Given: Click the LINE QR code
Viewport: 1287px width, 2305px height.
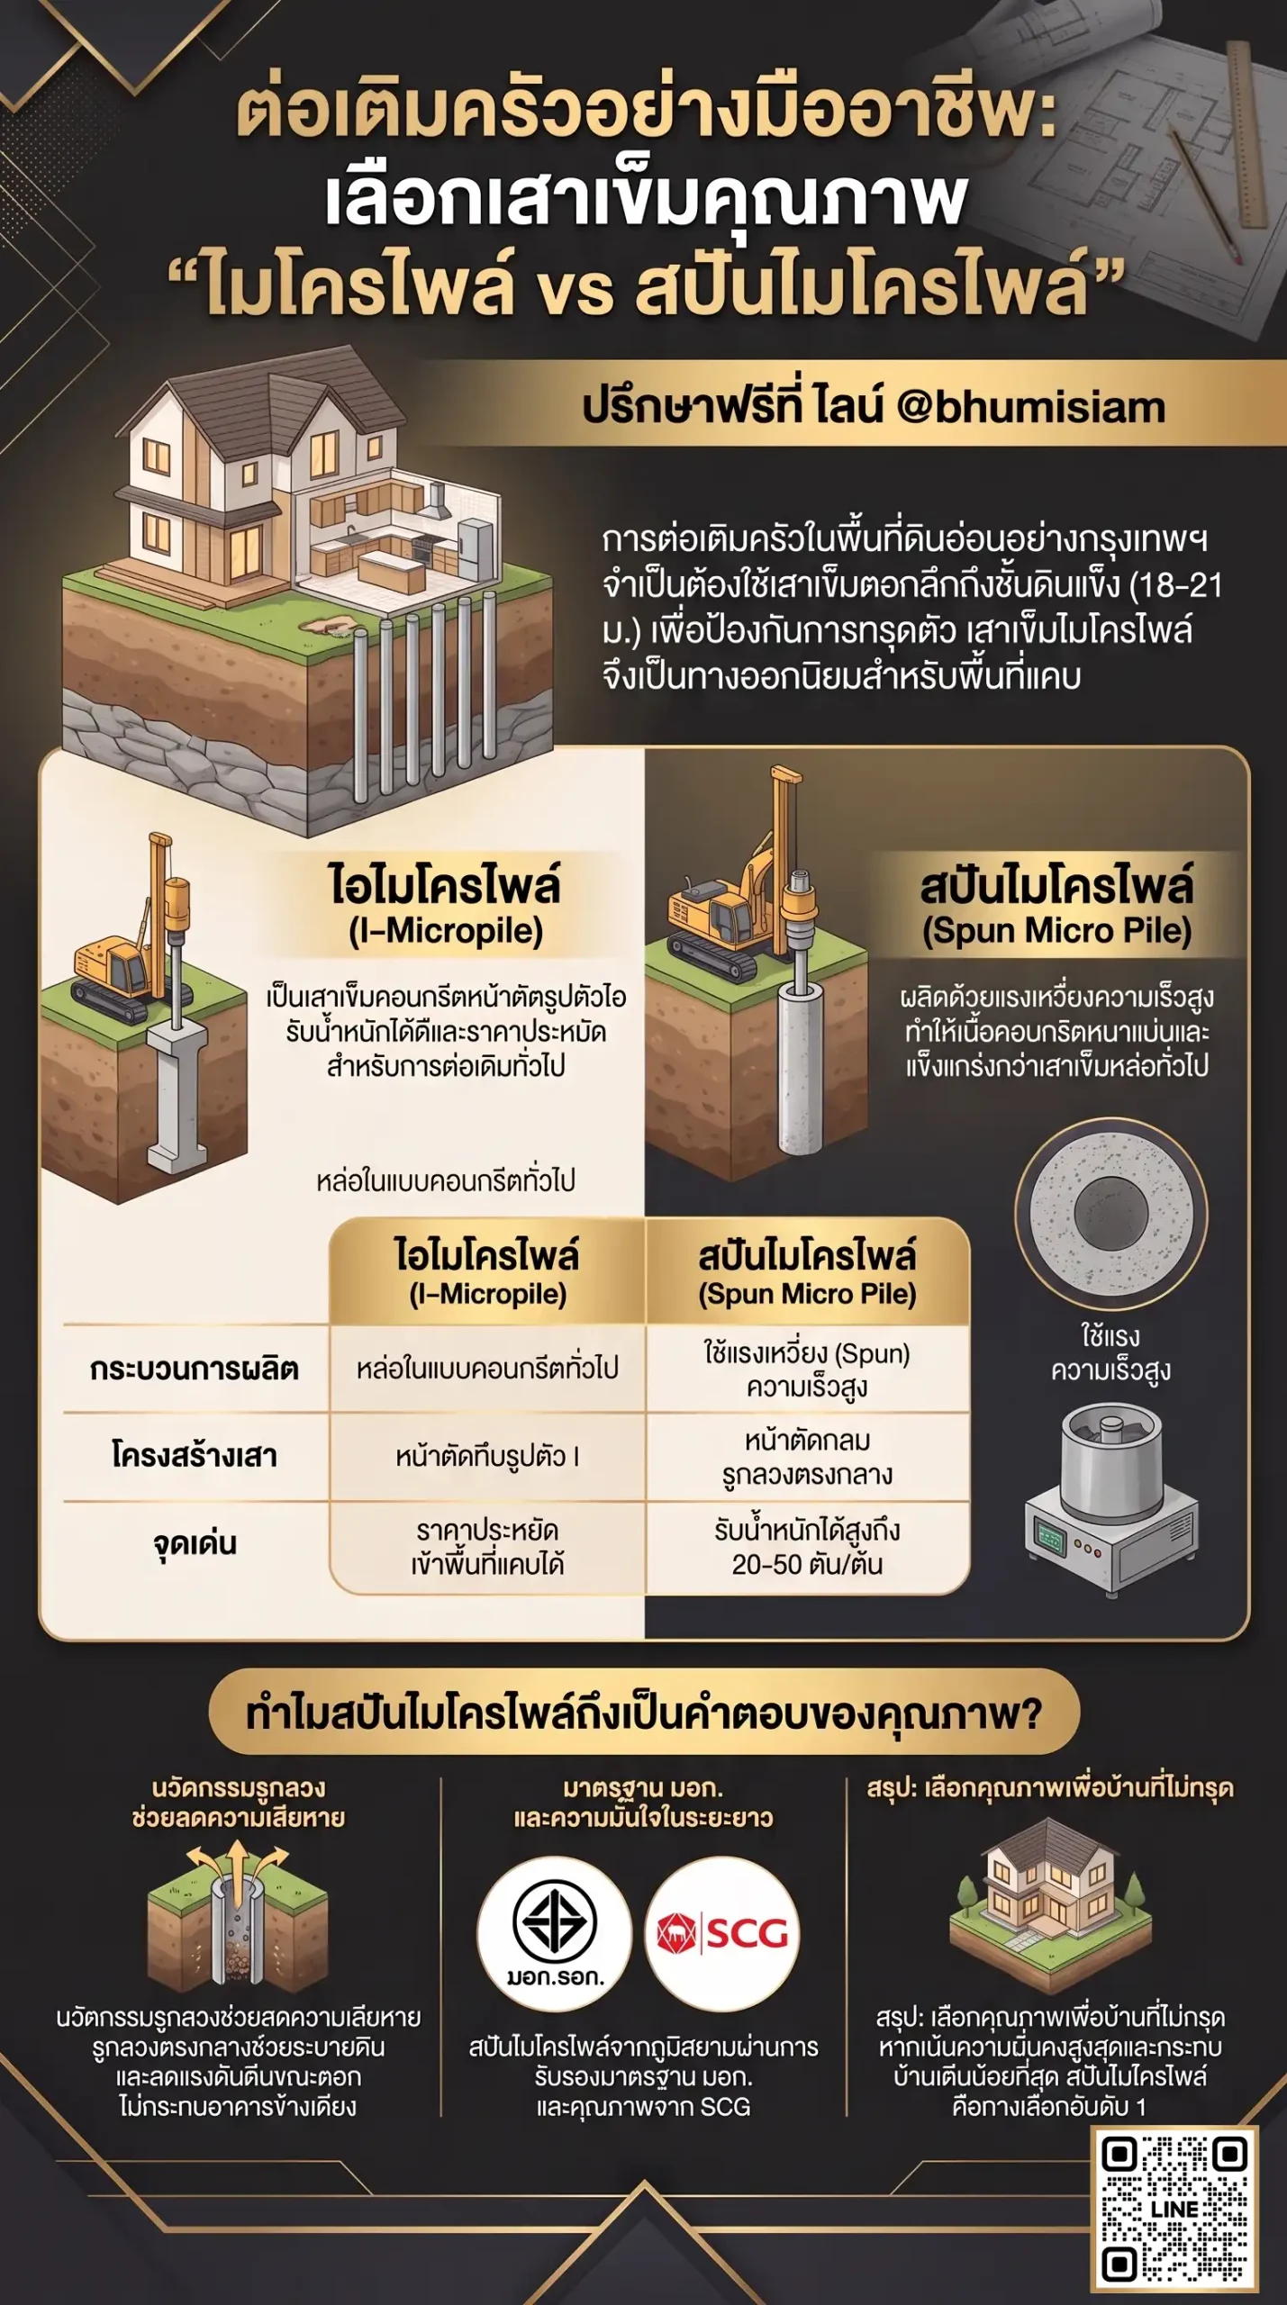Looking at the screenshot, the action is click(x=1174, y=2209).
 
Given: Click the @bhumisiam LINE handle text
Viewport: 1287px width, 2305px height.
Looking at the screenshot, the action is click(x=1030, y=407).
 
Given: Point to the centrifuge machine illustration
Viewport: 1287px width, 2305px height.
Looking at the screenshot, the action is click(x=1111, y=1499).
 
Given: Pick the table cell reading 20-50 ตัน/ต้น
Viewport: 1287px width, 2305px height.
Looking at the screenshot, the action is click(x=807, y=1547).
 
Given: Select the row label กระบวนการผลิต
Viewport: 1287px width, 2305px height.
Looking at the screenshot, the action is click(x=194, y=1369).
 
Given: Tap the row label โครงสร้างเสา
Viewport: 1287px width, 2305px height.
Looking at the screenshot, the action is click(x=194, y=1455).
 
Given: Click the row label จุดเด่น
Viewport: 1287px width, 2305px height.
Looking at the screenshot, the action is click(x=194, y=1543).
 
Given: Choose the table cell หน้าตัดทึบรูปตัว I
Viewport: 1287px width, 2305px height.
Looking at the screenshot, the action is click(x=487, y=1456).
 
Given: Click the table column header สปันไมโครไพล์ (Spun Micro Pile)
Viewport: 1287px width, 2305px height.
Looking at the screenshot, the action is click(x=807, y=1273).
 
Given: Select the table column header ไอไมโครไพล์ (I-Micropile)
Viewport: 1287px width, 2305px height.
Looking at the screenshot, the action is click(x=487, y=1273).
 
